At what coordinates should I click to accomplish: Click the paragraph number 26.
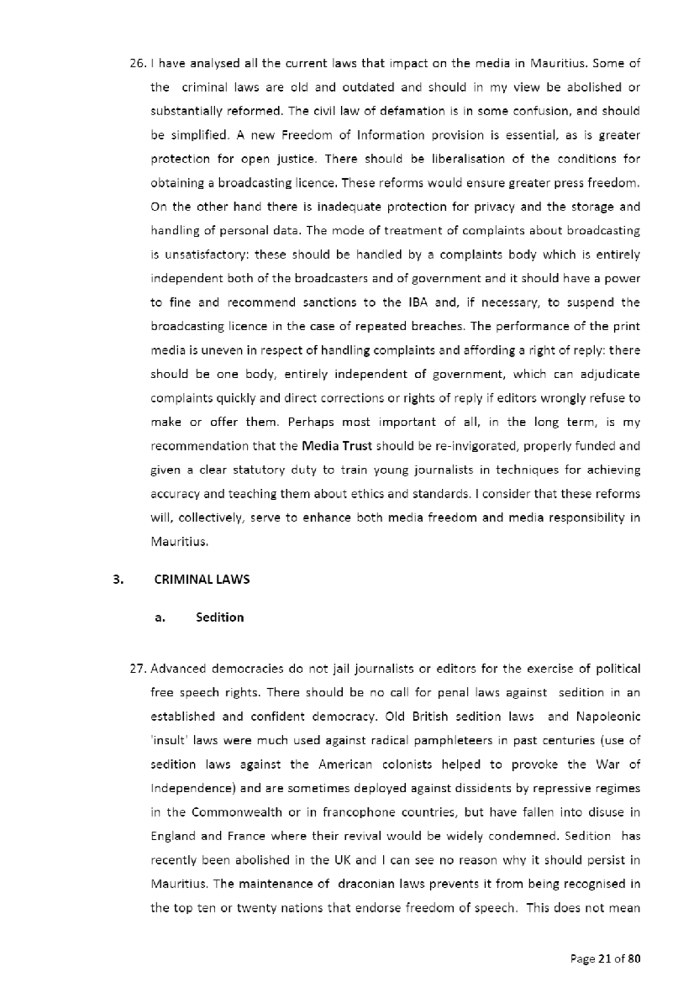click(x=138, y=63)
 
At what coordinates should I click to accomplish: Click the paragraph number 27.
click(x=138, y=669)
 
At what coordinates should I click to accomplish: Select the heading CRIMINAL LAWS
click(x=202, y=579)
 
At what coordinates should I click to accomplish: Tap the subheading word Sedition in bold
click(x=220, y=618)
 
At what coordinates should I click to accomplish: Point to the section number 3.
click(x=118, y=579)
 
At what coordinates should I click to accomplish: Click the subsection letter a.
click(x=160, y=618)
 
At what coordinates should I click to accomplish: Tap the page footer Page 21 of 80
click(x=605, y=959)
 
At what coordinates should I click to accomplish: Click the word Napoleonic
click(x=608, y=717)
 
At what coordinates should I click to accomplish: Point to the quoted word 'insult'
click(x=167, y=740)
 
